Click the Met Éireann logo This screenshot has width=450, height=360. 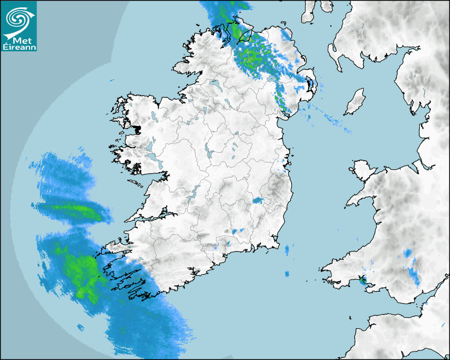coord(19,26)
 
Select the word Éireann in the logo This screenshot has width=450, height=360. coord(19,47)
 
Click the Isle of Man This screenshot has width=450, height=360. coord(355,102)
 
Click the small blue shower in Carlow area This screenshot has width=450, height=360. coord(258,201)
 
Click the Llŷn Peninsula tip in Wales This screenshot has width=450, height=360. coord(350,202)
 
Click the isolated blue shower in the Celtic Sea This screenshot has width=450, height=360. coord(287,274)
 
